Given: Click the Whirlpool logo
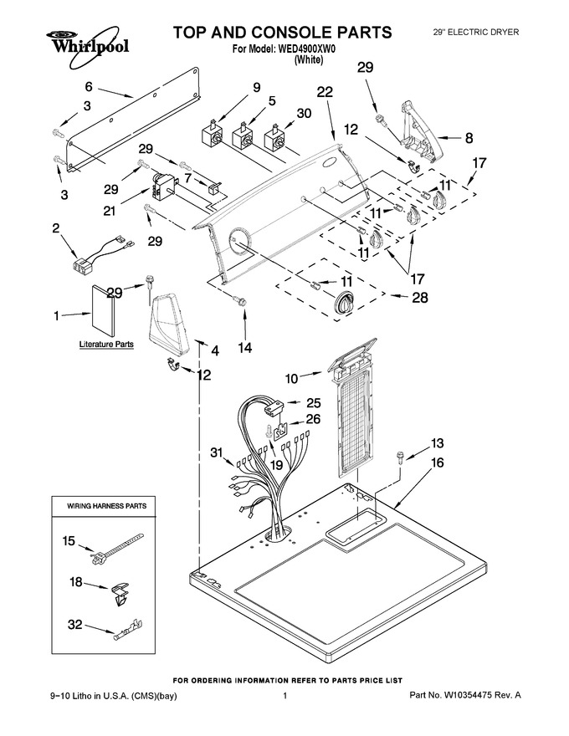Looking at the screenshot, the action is coord(87,43).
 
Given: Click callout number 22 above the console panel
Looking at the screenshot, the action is coord(325,91).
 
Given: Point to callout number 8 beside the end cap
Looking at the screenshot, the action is coord(469,138).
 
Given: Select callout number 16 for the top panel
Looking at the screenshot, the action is coord(437,463).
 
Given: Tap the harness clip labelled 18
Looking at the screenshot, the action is coord(120,595).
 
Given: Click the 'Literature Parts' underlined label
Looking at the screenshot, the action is coord(106,344).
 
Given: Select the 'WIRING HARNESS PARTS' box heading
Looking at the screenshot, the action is coord(106,506).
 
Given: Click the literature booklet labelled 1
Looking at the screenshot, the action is coord(103,310).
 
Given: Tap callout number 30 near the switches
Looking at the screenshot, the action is coord(305,113).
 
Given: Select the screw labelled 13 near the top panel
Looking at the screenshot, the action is coord(399,456).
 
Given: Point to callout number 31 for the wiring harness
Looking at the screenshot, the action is coord(217,452).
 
